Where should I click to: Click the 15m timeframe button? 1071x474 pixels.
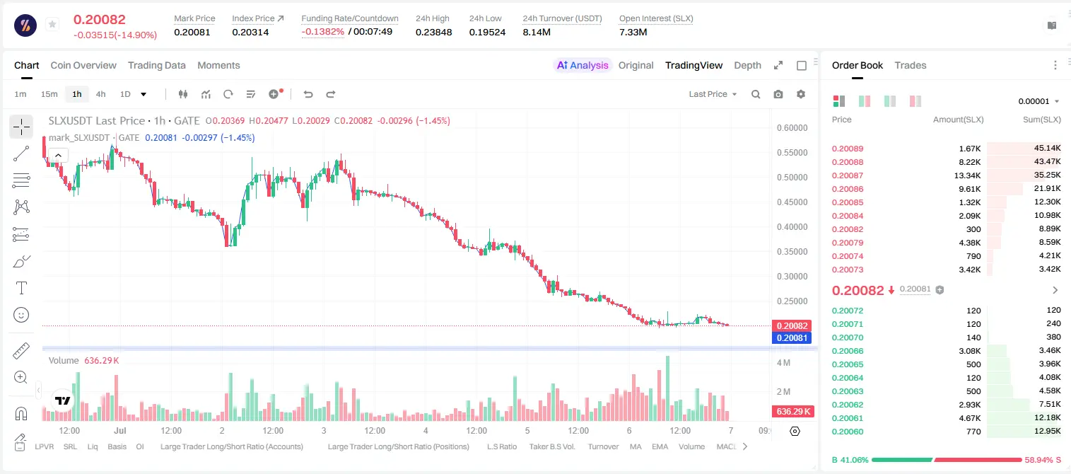click(49, 94)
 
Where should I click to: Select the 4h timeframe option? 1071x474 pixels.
click(100, 94)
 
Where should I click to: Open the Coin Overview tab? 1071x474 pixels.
click(83, 65)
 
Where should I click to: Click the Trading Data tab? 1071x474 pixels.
click(157, 65)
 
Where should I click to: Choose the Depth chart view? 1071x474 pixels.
click(747, 65)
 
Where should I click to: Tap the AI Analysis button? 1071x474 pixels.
click(583, 65)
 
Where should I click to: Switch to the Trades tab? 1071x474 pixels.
click(911, 65)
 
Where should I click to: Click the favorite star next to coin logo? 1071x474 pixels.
click(52, 24)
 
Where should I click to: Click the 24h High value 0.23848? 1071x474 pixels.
click(433, 32)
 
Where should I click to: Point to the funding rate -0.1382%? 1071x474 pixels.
click(323, 32)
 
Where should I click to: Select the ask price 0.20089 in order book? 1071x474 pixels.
click(848, 149)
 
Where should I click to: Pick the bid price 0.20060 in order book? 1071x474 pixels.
click(848, 432)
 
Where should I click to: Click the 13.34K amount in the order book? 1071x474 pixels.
click(967, 175)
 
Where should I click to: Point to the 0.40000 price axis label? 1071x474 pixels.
click(792, 226)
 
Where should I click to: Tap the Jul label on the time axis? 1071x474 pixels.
click(120, 430)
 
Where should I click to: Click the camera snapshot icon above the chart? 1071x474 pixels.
click(778, 94)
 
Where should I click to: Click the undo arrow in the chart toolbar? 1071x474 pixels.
click(308, 94)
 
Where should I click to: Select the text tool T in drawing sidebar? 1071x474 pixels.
click(21, 288)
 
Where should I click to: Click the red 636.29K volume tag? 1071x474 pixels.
click(792, 411)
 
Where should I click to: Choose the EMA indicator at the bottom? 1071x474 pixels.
click(660, 446)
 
